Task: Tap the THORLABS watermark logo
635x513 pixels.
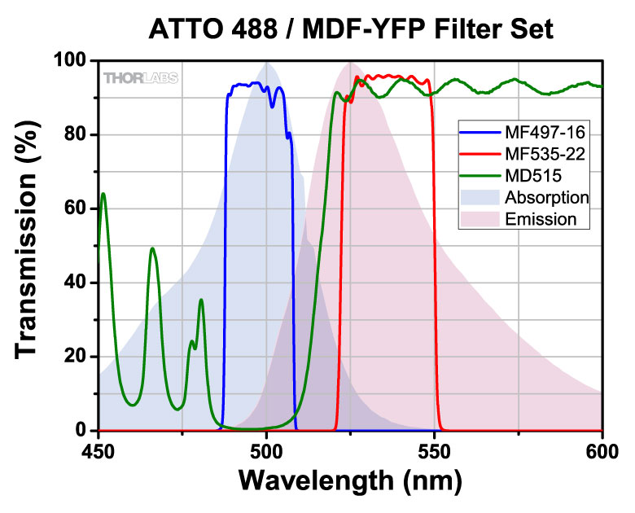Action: tap(141, 78)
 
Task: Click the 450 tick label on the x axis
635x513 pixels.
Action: tap(99, 448)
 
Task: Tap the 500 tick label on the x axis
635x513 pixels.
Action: tap(266, 448)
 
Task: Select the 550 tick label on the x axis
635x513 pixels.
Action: tap(434, 448)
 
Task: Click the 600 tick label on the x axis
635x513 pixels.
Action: tap(602, 448)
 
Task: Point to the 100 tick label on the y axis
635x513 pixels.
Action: tap(70, 61)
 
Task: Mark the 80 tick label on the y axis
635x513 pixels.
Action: tap(77, 134)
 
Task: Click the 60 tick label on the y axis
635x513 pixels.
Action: tap(77, 208)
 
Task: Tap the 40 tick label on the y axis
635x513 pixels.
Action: tap(77, 283)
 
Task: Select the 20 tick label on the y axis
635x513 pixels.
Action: tap(77, 357)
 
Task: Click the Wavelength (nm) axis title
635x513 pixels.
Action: tap(350, 481)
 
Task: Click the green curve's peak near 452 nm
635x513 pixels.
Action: tap(103, 194)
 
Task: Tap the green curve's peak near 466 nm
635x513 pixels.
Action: tap(152, 248)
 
